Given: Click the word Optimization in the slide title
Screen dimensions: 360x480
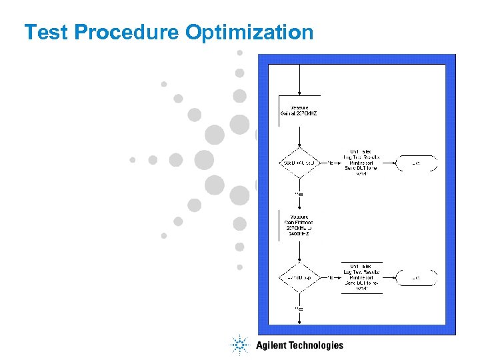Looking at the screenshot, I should [x=249, y=32].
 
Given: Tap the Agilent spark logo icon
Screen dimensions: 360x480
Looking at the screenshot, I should [x=239, y=345].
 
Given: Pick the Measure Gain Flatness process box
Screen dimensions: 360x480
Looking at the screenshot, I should [x=299, y=225].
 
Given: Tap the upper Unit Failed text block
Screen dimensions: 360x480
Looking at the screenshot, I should [x=361, y=163].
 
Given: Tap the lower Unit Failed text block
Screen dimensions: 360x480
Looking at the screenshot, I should [x=361, y=277].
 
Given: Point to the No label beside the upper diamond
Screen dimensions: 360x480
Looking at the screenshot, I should [x=330, y=163].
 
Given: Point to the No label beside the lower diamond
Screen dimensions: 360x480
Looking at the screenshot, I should [x=330, y=277].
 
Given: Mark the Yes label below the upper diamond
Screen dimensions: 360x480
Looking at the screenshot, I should [x=299, y=194].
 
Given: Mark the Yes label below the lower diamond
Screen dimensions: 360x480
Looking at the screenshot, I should [x=299, y=309].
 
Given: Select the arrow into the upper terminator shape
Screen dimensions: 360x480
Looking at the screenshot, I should [x=390, y=163].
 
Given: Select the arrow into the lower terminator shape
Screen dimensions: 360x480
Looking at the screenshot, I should [x=390, y=277].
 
